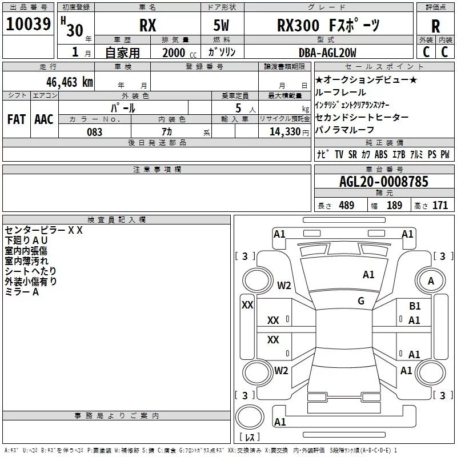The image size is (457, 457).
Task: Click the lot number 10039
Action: [28, 24]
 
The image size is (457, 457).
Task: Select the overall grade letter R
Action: [435, 26]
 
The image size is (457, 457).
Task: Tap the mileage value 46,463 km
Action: [69, 82]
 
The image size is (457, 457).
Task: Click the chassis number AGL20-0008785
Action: [384, 182]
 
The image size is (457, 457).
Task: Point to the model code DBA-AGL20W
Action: [327, 53]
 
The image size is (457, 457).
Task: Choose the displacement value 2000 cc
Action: [179, 53]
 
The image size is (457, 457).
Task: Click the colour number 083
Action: [94, 132]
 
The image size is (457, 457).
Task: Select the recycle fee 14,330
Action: [289, 132]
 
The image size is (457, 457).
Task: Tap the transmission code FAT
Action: [17, 119]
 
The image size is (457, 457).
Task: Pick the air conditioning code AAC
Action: [44, 119]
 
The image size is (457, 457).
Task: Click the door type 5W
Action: [221, 25]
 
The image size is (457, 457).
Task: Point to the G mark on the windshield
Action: [361, 300]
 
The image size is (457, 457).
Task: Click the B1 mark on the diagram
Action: [415, 306]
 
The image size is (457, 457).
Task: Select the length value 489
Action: [347, 205]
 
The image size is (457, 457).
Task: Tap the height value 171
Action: [440, 205]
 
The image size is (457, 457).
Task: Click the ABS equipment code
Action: [381, 154]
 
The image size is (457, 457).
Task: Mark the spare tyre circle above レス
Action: [250, 417]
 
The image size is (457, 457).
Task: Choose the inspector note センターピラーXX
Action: [44, 230]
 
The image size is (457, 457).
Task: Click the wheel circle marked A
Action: [431, 280]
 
